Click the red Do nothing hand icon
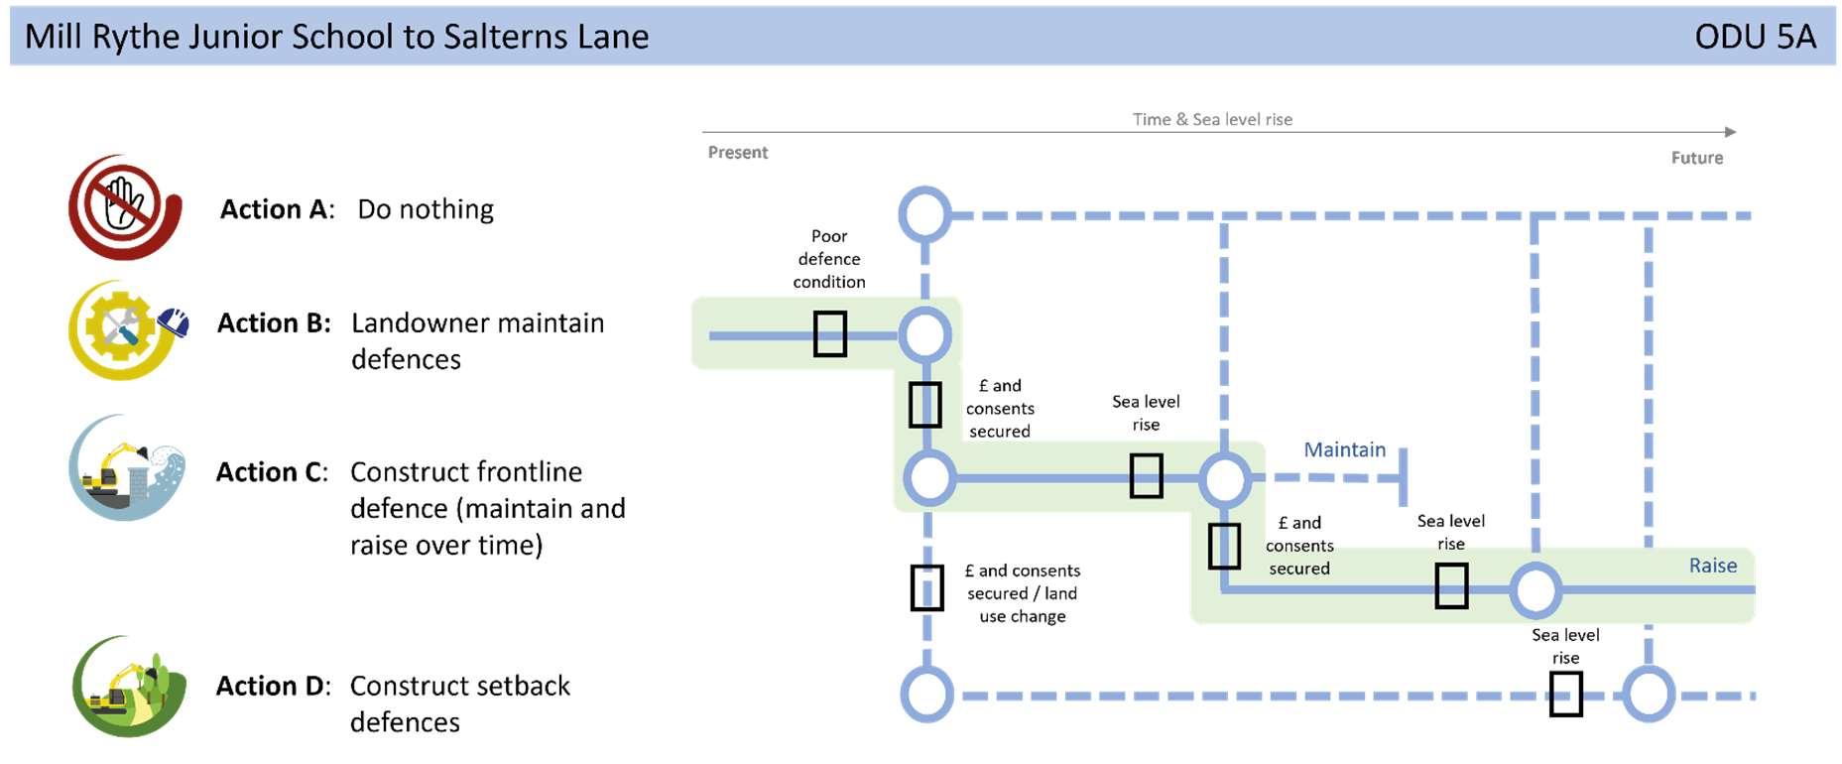click(125, 206)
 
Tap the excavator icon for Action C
click(127, 467)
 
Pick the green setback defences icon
click(129, 687)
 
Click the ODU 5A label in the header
click(1755, 37)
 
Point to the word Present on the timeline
click(738, 152)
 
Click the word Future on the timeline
click(1697, 158)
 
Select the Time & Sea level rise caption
click(1212, 119)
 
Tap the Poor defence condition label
click(829, 259)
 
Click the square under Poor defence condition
click(830, 334)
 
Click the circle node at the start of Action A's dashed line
click(925, 214)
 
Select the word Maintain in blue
click(1344, 449)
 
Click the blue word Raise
click(1713, 566)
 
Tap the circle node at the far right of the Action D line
click(1649, 695)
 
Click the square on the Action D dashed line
click(1566, 694)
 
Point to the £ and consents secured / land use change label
click(1023, 593)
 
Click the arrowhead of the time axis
click(1730, 132)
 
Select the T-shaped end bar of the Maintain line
click(1404, 477)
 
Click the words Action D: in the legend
click(274, 686)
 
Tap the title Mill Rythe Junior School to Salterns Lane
click(337, 37)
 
